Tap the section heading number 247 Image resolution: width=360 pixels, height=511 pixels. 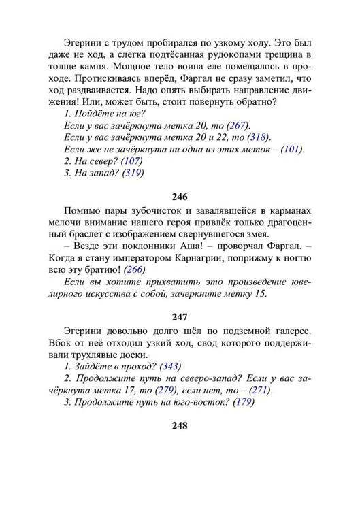180,316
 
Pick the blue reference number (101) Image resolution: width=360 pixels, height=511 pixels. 291,149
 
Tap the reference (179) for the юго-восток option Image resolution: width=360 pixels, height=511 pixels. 244,402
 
